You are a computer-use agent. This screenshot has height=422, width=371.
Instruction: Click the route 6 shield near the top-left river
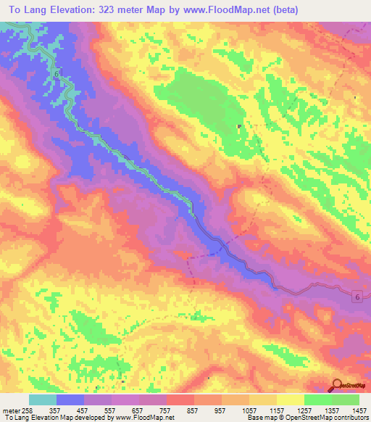coord(55,74)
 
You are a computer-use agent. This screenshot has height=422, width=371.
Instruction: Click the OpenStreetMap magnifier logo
coord(338,386)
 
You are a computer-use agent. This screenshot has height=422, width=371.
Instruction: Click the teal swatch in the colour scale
coord(42,400)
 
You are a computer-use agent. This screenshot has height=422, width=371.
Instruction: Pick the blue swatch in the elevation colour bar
coord(70,400)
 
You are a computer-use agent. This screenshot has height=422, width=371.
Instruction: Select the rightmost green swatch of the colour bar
coord(346,400)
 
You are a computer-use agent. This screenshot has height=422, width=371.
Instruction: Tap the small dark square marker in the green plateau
coord(240,128)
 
